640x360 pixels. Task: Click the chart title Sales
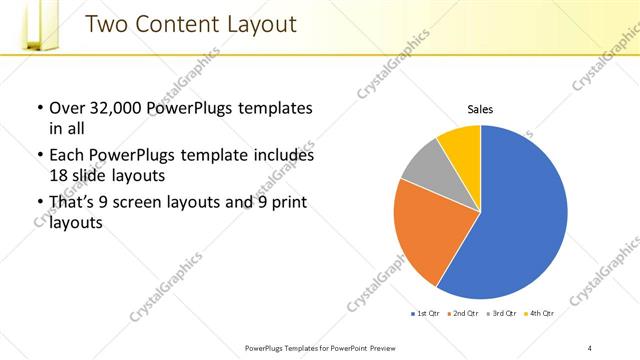[x=480, y=110]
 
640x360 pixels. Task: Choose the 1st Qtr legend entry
[x=426, y=313]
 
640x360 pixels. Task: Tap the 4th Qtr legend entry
[x=539, y=313]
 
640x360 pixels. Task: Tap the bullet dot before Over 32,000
[x=39, y=108]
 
